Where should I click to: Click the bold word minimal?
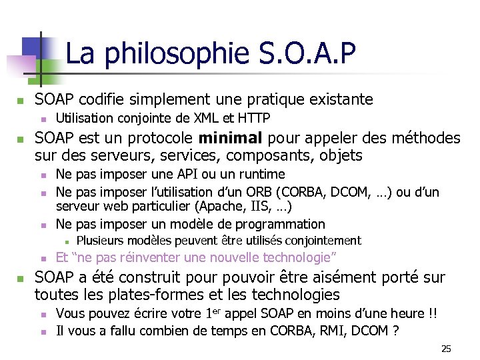[231, 138]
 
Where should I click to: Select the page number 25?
[447, 349]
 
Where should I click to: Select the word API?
[185, 175]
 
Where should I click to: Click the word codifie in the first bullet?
[105, 100]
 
